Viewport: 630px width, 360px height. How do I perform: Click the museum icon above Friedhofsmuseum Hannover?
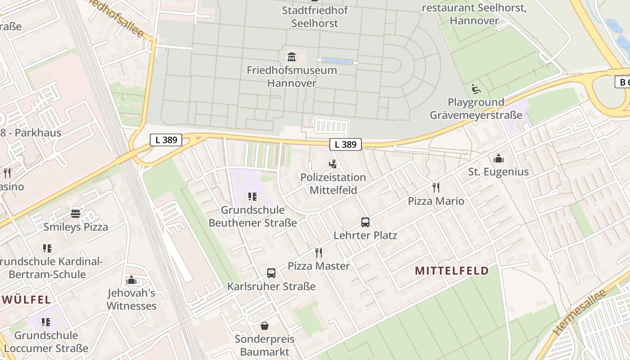(292, 57)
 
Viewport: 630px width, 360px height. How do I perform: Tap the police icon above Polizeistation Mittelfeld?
(333, 164)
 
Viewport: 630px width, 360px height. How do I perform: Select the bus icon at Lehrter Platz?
(365, 222)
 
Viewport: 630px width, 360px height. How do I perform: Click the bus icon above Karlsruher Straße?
(271, 273)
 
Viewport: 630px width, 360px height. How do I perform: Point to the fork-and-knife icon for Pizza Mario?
(436, 187)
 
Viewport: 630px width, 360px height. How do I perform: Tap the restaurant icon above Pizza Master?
(319, 252)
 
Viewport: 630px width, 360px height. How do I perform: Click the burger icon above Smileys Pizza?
(76, 213)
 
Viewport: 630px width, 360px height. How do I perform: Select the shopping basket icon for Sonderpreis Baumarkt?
(265, 325)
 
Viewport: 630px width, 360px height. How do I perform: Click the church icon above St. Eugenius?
(498, 158)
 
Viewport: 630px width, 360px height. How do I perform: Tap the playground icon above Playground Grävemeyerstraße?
(476, 89)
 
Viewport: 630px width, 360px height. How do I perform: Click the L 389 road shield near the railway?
(166, 140)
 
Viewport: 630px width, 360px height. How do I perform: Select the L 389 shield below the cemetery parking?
(346, 144)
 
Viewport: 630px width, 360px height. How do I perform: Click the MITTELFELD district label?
(452, 270)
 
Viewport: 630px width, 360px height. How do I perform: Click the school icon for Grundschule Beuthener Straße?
(252, 197)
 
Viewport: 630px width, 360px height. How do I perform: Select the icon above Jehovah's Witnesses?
(131, 280)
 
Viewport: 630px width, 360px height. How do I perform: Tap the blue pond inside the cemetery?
(337, 61)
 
